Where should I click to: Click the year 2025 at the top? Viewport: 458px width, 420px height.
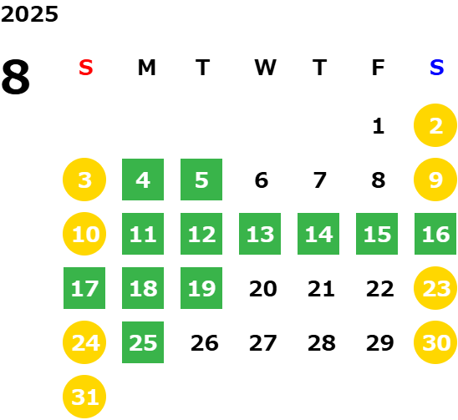(x=29, y=14)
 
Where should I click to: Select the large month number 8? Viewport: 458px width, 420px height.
(x=16, y=77)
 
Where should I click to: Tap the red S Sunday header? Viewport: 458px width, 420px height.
(x=86, y=68)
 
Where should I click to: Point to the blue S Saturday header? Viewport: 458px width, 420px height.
(x=436, y=68)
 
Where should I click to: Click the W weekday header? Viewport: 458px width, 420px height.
(x=265, y=68)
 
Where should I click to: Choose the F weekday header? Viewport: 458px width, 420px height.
(x=378, y=68)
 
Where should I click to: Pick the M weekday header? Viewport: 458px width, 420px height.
(x=146, y=68)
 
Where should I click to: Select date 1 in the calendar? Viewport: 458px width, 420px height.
(x=379, y=126)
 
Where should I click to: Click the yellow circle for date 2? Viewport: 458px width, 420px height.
(x=435, y=125)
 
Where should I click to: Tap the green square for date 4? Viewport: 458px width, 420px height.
(x=143, y=180)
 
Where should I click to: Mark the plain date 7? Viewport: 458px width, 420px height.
(x=319, y=180)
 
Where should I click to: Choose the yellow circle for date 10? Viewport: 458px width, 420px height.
(x=84, y=234)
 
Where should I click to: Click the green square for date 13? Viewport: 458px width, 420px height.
(x=260, y=234)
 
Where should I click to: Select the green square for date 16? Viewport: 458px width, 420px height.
(x=435, y=234)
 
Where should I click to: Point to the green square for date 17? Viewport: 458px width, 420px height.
(x=84, y=288)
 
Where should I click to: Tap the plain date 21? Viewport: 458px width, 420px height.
(x=321, y=289)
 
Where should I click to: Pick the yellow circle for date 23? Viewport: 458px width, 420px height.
(x=435, y=288)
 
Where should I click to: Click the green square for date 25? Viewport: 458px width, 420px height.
(x=143, y=342)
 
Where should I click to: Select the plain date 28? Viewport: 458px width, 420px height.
(x=321, y=343)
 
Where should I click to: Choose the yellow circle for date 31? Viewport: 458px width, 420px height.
(x=84, y=397)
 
